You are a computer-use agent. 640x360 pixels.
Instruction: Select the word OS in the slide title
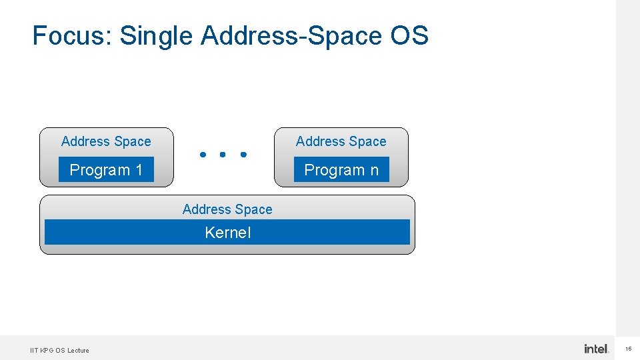point(409,35)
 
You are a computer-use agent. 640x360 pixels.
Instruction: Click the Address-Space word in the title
point(291,35)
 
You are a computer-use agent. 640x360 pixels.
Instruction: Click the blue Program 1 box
point(106,169)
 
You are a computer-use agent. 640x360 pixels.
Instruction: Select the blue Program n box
point(341,169)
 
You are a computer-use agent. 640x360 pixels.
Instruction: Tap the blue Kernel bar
point(227,233)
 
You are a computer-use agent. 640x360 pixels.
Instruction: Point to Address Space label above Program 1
point(106,141)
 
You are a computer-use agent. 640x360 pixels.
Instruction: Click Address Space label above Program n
point(341,141)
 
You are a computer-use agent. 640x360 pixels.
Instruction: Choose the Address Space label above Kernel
point(227,209)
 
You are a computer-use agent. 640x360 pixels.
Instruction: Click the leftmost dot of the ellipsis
point(202,155)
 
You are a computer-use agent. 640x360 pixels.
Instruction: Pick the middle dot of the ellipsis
point(223,155)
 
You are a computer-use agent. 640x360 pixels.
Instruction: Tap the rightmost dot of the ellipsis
point(243,155)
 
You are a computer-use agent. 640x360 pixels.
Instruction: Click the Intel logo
point(597,349)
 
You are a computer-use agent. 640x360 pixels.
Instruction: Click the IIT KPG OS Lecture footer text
point(59,350)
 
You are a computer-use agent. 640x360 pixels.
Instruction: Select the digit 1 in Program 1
point(139,170)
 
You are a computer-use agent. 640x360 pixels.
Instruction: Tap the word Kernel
point(227,233)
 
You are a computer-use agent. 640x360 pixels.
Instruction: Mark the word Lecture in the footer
point(78,350)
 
